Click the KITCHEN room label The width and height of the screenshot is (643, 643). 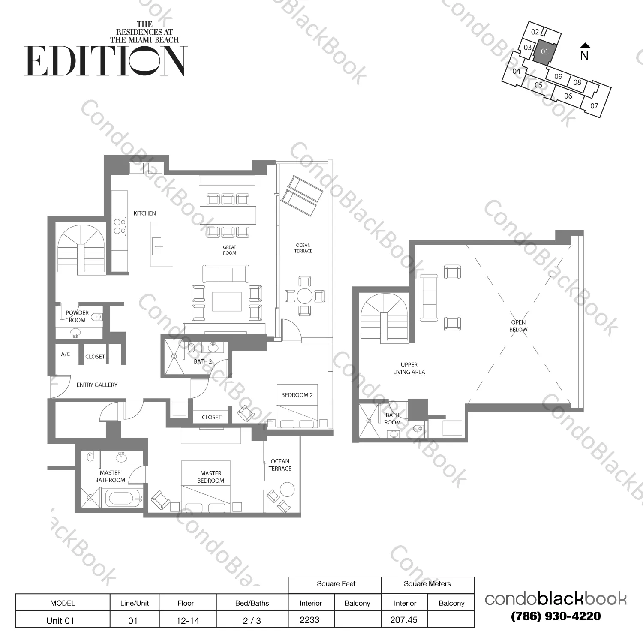tap(144, 213)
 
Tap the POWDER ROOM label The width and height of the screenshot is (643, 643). tap(77, 316)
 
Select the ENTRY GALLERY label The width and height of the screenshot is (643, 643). tap(97, 385)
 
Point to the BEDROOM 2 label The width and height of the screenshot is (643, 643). tap(297, 395)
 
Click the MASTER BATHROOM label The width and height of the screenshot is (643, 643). tap(110, 477)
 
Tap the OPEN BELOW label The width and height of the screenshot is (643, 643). tap(518, 326)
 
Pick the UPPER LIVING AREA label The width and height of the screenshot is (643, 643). tap(409, 368)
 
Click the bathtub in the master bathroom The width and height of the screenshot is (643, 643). tap(123, 499)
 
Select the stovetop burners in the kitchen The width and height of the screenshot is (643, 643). tap(120, 226)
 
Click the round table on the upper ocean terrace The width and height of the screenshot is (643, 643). tap(305, 296)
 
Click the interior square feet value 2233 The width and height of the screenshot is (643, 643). tap(309, 620)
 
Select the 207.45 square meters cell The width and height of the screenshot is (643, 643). tap(404, 620)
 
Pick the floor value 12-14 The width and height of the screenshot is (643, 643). tap(188, 620)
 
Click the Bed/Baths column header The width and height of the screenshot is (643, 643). tap(252, 603)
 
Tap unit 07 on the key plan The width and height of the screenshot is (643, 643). tap(594, 105)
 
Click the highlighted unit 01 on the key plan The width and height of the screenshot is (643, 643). tap(544, 52)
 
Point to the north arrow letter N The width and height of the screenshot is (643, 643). tap(584, 55)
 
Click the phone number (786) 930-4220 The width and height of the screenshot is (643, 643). tap(556, 616)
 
